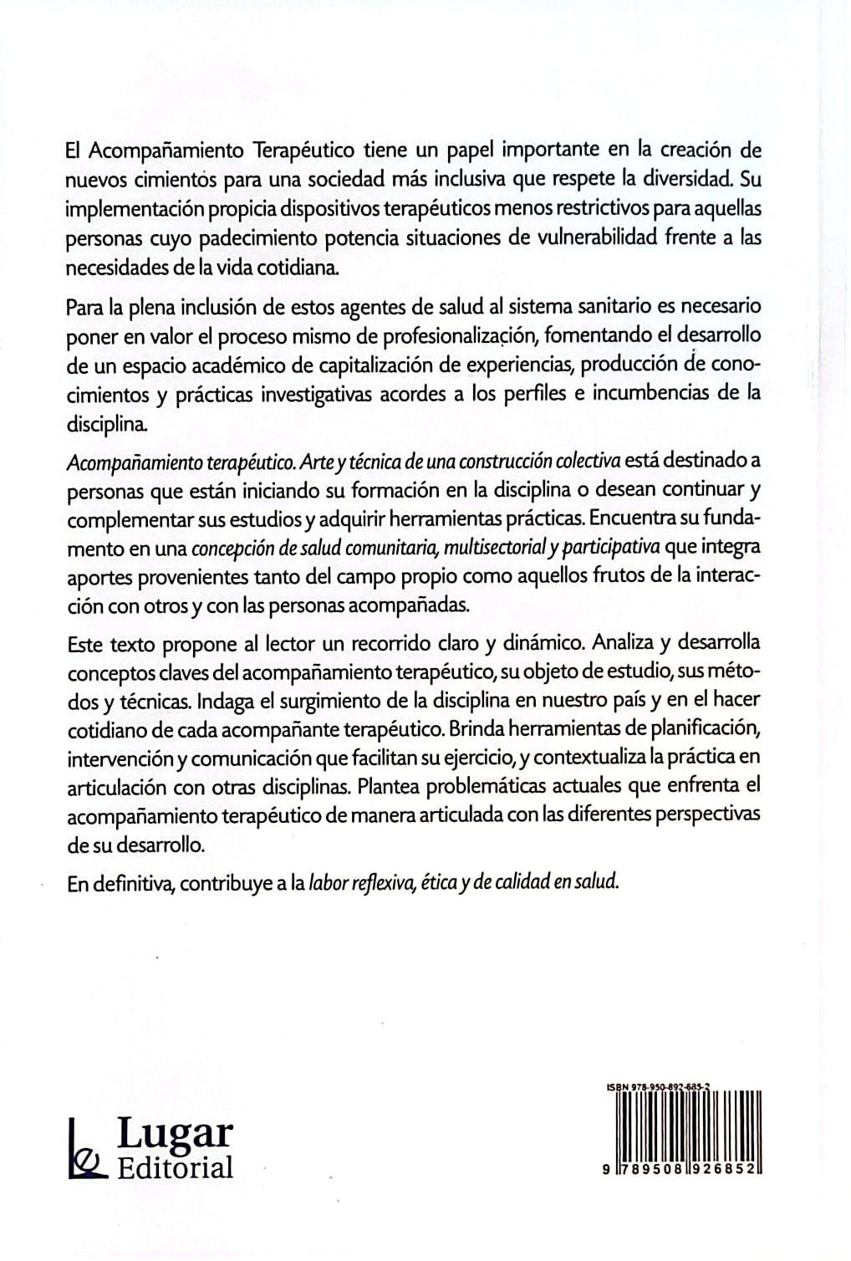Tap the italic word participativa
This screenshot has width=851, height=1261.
611,548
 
